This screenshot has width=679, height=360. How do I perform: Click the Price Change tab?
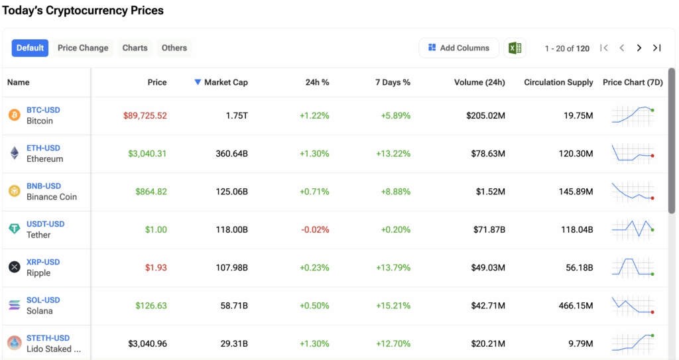[83, 48]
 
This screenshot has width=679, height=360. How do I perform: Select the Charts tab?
[135, 48]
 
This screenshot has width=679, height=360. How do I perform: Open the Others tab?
[174, 48]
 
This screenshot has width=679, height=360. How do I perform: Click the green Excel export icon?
[515, 48]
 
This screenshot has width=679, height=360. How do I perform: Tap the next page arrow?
[639, 48]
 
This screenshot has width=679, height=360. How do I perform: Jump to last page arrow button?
[656, 48]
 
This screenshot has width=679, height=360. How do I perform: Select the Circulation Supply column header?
[558, 82]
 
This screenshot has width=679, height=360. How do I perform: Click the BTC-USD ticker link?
[43, 110]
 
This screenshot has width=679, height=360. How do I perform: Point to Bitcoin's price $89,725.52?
[145, 115]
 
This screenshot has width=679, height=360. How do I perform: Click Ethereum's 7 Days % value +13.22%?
[396, 153]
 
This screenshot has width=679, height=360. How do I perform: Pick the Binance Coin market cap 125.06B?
[232, 192]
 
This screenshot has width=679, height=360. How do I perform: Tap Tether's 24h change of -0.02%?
[315, 229]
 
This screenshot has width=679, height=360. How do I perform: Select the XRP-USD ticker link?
[43, 262]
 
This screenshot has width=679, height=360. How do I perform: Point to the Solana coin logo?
[15, 305]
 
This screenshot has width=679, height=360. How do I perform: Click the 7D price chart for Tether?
[633, 229]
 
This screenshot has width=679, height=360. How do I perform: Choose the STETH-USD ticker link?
[48, 338]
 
